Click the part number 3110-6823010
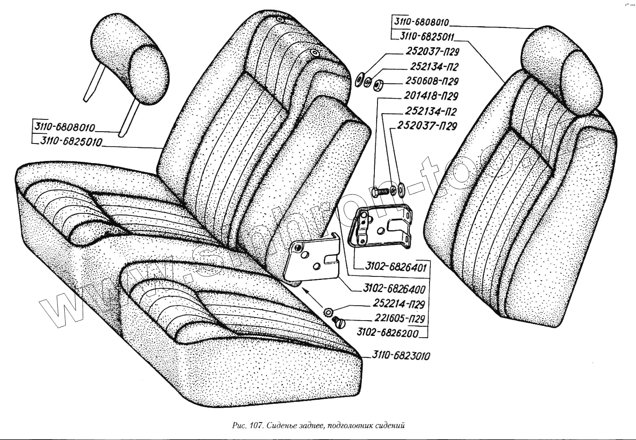click(x=401, y=356)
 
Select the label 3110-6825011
click(x=427, y=36)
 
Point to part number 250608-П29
click(x=432, y=81)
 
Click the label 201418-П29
click(x=431, y=96)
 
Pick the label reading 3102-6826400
click(x=394, y=289)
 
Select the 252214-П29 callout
click(x=398, y=304)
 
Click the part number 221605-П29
click(x=399, y=318)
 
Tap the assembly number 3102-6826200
click(x=388, y=332)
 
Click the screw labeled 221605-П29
click(x=339, y=322)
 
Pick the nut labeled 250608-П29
click(x=379, y=83)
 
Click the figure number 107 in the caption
click(x=255, y=425)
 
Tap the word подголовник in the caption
click(x=350, y=425)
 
